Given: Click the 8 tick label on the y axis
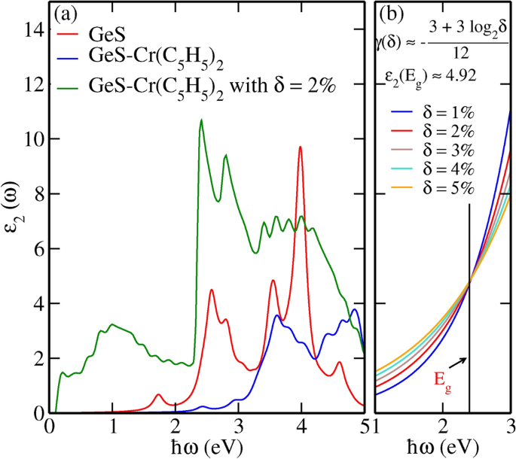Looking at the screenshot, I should (35, 194).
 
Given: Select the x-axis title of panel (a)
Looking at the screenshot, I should (207, 448).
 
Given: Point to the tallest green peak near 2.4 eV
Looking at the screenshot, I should (200, 120).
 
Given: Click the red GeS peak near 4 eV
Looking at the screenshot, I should (300, 147).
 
